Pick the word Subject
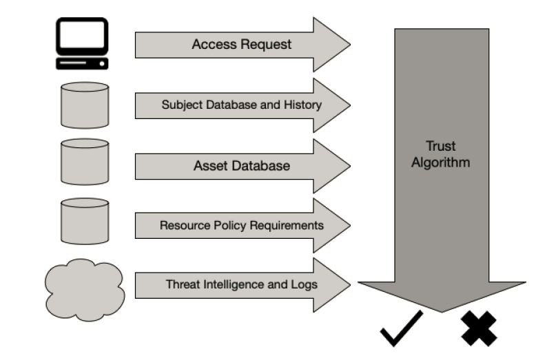(x=180, y=105)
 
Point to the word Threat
(x=181, y=284)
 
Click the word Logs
(x=304, y=284)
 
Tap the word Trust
(x=441, y=147)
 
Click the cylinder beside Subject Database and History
(x=84, y=105)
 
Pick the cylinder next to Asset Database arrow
(x=84, y=162)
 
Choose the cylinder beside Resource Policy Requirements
(x=84, y=222)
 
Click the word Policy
(x=231, y=225)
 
